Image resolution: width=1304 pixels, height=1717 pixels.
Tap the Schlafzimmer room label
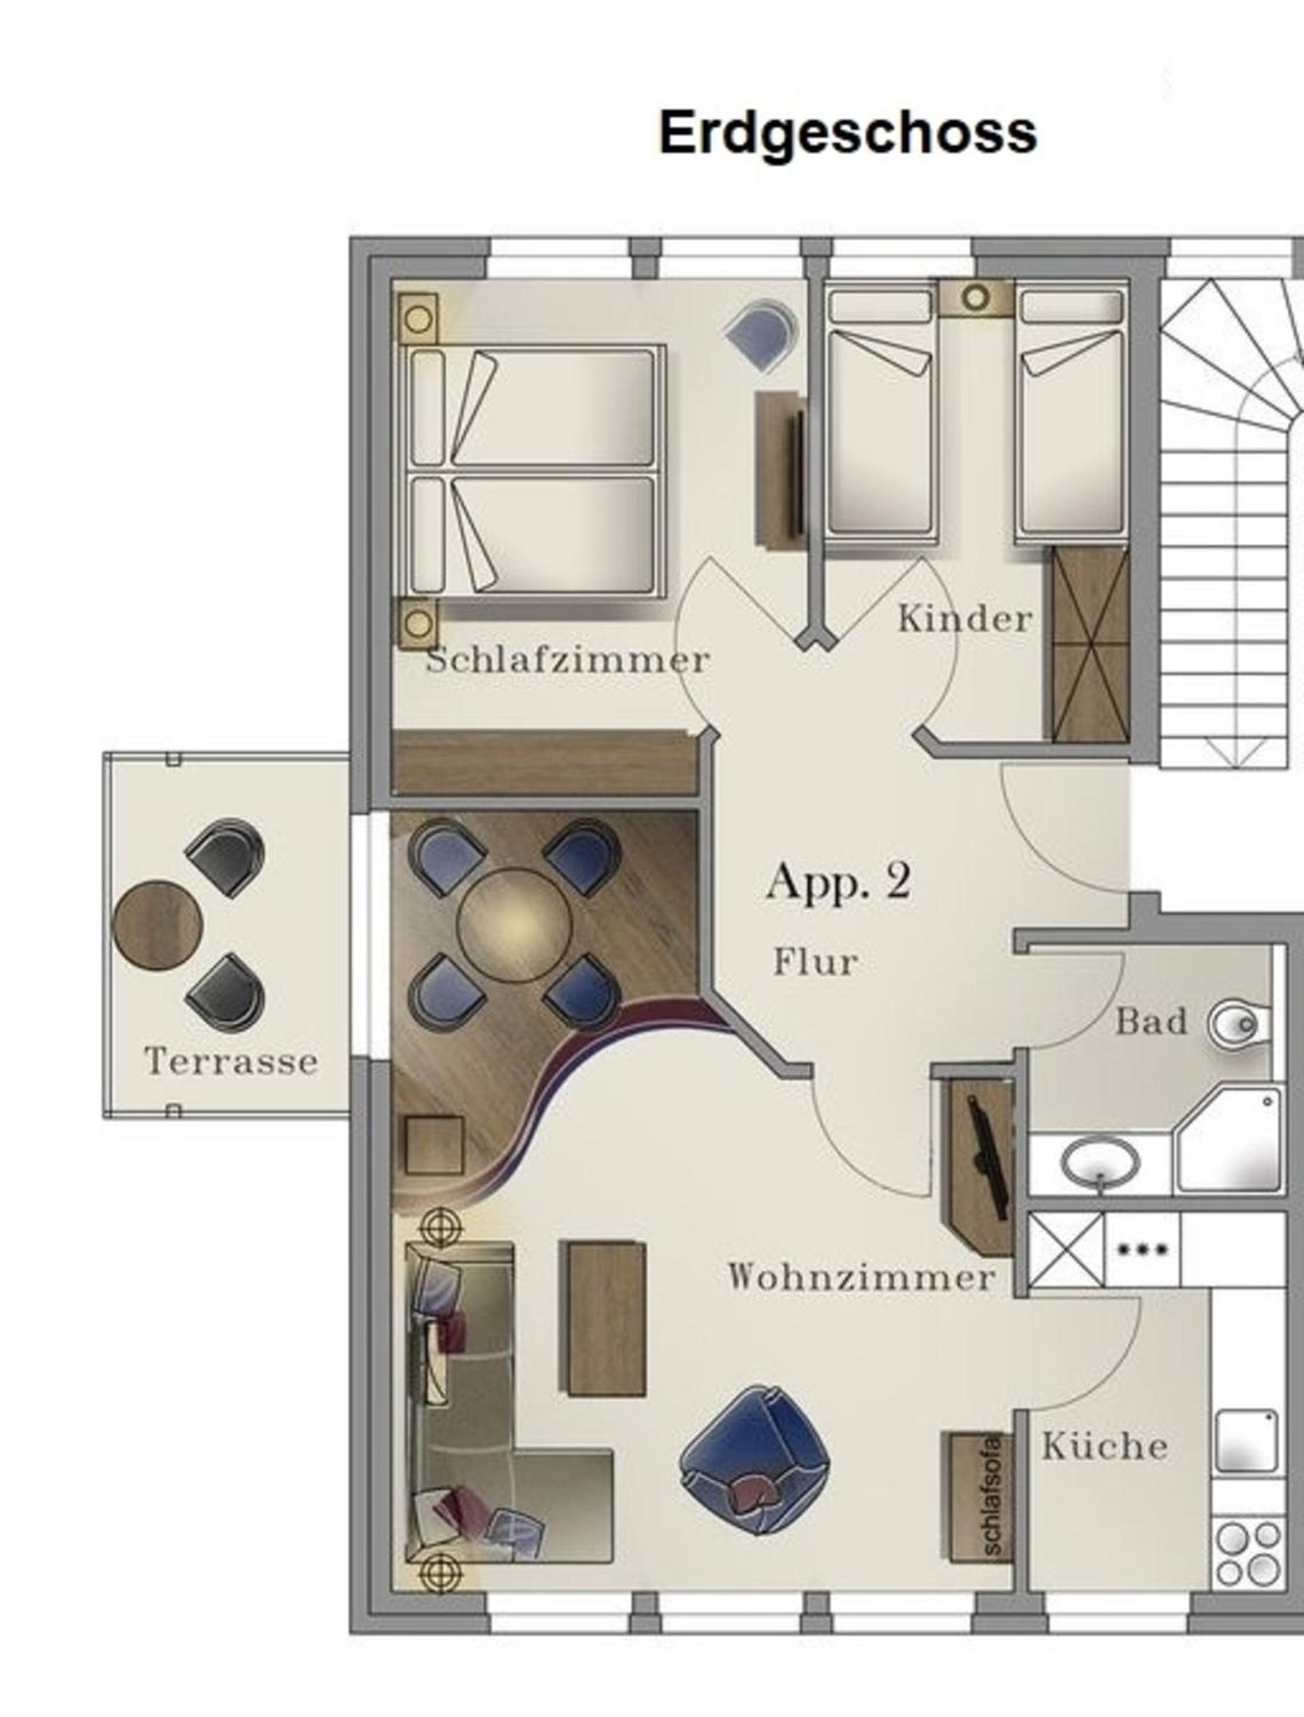pyautogui.click(x=568, y=660)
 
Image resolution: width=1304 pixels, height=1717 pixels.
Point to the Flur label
pyautogui.click(x=815, y=962)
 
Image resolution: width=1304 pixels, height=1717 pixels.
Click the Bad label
pyautogui.click(x=1151, y=1022)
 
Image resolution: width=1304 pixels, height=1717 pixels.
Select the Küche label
pyautogui.click(x=1105, y=1446)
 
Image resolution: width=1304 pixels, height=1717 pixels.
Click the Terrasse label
pyautogui.click(x=231, y=1061)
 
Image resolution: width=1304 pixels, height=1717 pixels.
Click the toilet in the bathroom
pyautogui.click(x=1239, y=1024)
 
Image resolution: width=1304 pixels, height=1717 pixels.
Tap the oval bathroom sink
pyautogui.click(x=1100, y=1163)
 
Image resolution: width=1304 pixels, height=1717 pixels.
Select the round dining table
pyautogui.click(x=515, y=923)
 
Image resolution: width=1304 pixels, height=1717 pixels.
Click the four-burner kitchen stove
pyautogui.click(x=1247, y=1553)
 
